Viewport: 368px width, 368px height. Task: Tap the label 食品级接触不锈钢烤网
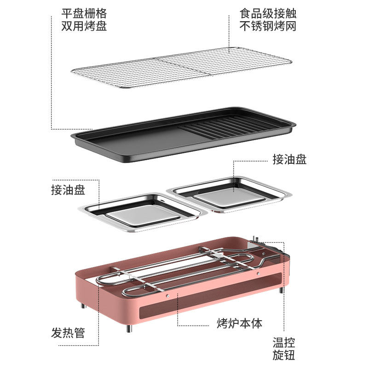click(268, 19)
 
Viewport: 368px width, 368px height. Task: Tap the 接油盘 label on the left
click(68, 190)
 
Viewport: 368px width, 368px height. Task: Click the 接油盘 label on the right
click(289, 160)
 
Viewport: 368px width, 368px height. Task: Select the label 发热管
click(68, 333)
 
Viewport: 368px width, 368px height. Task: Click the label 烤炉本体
click(239, 323)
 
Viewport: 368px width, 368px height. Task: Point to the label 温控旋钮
click(284, 349)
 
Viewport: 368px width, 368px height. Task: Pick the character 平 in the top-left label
click(67, 13)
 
